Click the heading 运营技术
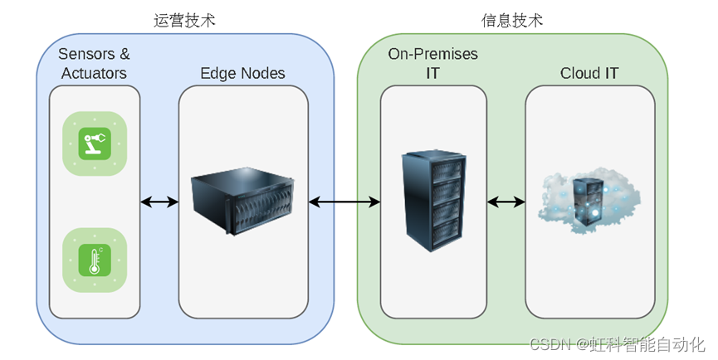(184, 20)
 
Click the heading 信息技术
(512, 20)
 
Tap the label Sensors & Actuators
(94, 64)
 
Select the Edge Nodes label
(242, 73)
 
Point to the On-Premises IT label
(432, 64)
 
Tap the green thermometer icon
(95, 259)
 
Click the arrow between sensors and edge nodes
(159, 202)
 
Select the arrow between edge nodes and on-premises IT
(344, 202)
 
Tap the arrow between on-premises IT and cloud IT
(506, 202)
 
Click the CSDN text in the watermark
(549, 343)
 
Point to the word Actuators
(94, 73)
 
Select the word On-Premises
(432, 54)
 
